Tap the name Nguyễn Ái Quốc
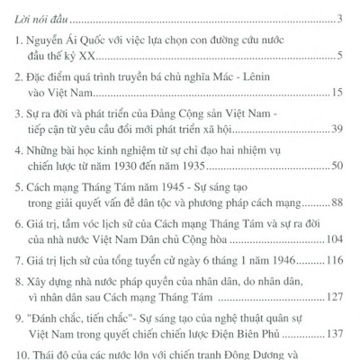pos(66,43)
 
